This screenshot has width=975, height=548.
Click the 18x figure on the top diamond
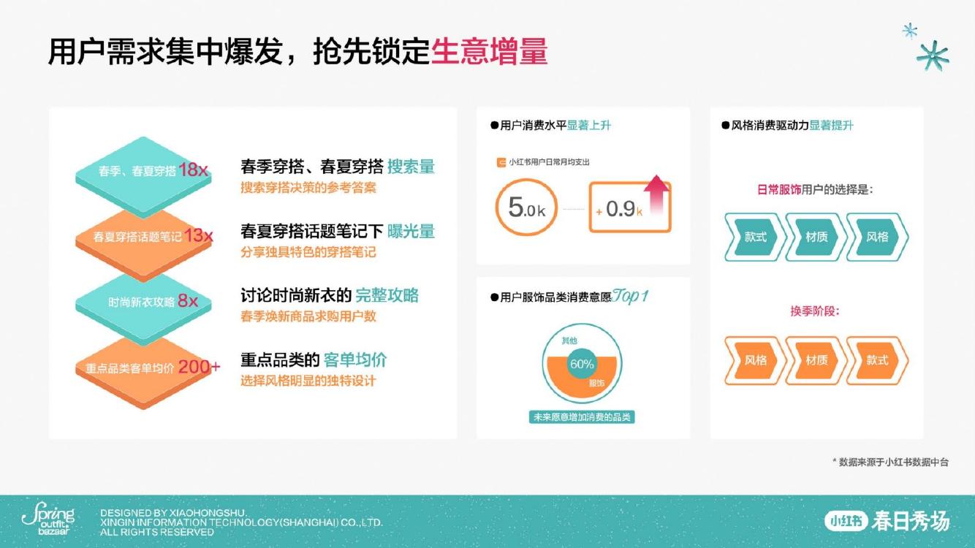[x=193, y=170]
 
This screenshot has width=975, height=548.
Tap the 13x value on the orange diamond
[x=199, y=235]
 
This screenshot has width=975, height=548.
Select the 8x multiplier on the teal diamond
[x=188, y=300]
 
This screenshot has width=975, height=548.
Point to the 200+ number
[x=200, y=367]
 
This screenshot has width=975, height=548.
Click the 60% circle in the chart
[x=582, y=364]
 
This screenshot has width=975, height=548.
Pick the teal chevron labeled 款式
[x=755, y=237]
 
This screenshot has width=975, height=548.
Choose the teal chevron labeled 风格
[x=878, y=237]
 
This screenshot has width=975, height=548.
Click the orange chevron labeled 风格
[x=755, y=360]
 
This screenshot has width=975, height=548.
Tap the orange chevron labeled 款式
[x=878, y=360]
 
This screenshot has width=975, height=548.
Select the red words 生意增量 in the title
[x=489, y=52]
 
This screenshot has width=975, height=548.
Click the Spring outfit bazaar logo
[x=49, y=518]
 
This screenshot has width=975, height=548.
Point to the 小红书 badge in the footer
[x=846, y=521]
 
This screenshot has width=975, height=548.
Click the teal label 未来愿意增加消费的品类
[x=582, y=417]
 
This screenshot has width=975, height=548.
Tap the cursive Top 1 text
[x=631, y=297]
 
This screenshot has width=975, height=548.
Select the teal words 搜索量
[x=411, y=167]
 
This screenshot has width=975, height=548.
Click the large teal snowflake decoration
[x=933, y=56]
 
